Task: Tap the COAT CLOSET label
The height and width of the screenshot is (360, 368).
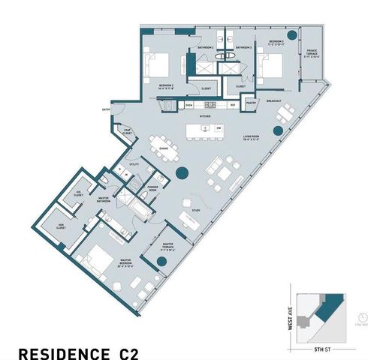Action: point(128,133)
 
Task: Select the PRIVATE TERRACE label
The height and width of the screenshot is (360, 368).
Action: point(311,53)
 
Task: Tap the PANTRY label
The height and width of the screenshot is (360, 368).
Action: point(252,100)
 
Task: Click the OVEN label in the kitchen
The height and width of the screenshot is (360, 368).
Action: point(189,104)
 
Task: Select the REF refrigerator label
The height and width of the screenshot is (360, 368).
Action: point(234,104)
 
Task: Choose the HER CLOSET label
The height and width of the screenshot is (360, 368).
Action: point(61,226)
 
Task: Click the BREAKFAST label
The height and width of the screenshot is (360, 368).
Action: point(274,100)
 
